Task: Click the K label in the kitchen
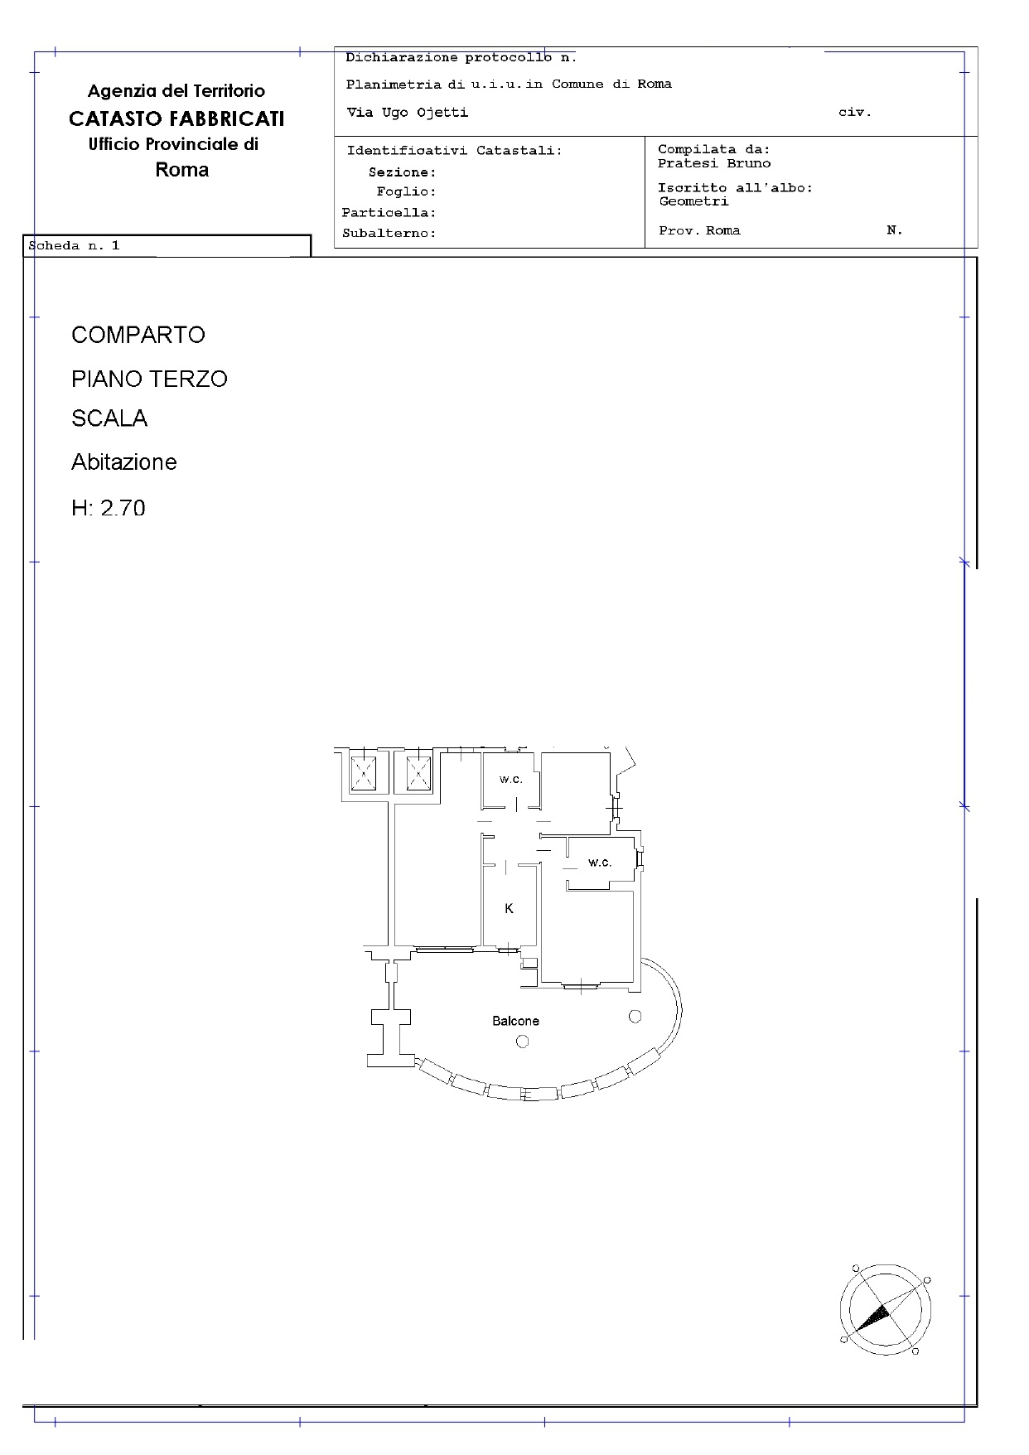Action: pos(509,908)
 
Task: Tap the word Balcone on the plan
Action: pos(515,1021)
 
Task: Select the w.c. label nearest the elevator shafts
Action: pos(510,780)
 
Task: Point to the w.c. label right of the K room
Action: pos(600,863)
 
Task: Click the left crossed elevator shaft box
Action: pos(364,774)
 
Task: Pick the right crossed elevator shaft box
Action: pos(418,774)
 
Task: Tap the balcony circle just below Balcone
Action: pos(522,1042)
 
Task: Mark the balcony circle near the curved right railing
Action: pos(635,1016)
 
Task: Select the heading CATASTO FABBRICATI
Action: pos(176,118)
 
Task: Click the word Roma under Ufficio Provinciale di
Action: pos(182,170)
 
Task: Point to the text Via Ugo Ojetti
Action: pos(407,113)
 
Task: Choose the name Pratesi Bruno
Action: pos(714,163)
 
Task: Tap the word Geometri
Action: pos(694,201)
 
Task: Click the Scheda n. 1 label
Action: pos(75,245)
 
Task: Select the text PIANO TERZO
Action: pos(149,379)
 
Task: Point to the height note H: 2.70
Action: pos(109,507)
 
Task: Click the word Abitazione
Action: pos(124,462)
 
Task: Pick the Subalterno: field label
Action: pos(389,234)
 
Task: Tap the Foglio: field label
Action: pos(406,191)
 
